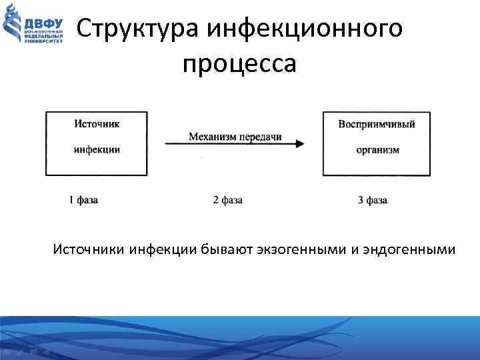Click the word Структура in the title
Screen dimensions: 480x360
tap(138, 29)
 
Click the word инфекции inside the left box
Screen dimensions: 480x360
tap(97, 149)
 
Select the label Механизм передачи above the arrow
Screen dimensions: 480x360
tap(235, 137)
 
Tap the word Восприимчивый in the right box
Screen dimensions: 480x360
tap(377, 124)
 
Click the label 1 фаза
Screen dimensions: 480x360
tap(83, 199)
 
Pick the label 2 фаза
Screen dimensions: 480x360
tap(227, 199)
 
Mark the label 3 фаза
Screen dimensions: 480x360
tap(373, 199)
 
